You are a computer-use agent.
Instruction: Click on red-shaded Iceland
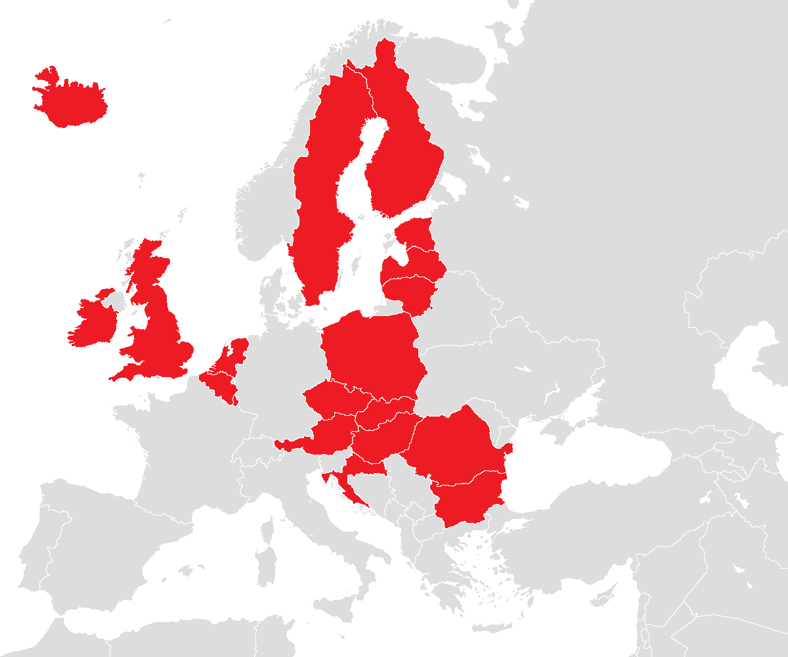point(72,102)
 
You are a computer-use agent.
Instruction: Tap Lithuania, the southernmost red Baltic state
point(410,292)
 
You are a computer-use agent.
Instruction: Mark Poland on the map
point(374,355)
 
